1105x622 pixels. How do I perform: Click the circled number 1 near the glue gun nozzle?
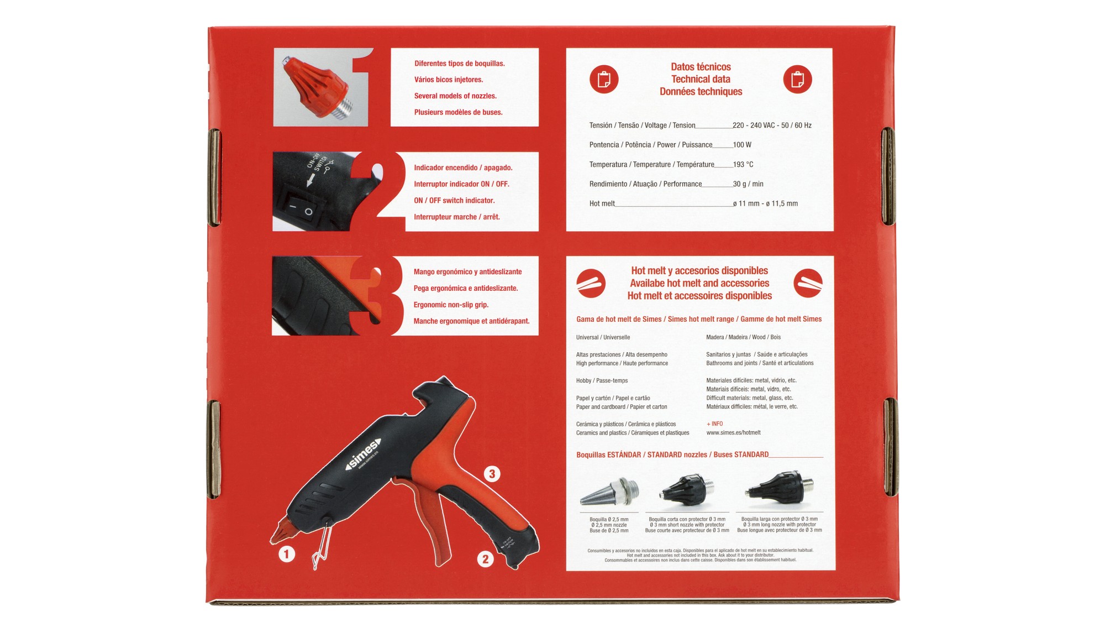click(x=286, y=553)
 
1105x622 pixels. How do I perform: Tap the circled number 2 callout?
click(x=485, y=559)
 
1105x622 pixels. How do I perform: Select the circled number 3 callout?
click(x=492, y=474)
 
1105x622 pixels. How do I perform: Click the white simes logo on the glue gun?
click(x=363, y=454)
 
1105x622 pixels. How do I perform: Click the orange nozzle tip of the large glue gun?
click(x=280, y=531)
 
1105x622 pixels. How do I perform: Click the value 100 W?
click(x=742, y=145)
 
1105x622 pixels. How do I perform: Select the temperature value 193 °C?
click(x=743, y=165)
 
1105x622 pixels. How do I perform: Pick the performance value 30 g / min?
click(x=748, y=184)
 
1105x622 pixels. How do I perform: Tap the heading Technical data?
click(x=701, y=79)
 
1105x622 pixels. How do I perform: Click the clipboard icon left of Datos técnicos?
click(x=604, y=79)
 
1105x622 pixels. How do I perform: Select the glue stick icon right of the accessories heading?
click(x=808, y=283)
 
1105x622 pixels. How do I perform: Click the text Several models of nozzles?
click(x=455, y=96)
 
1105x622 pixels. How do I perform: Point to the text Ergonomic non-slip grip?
click(x=451, y=305)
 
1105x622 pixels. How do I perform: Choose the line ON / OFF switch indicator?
click(x=454, y=201)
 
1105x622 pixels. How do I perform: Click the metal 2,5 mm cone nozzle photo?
click(x=609, y=492)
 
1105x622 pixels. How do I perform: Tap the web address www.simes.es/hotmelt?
click(x=733, y=433)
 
